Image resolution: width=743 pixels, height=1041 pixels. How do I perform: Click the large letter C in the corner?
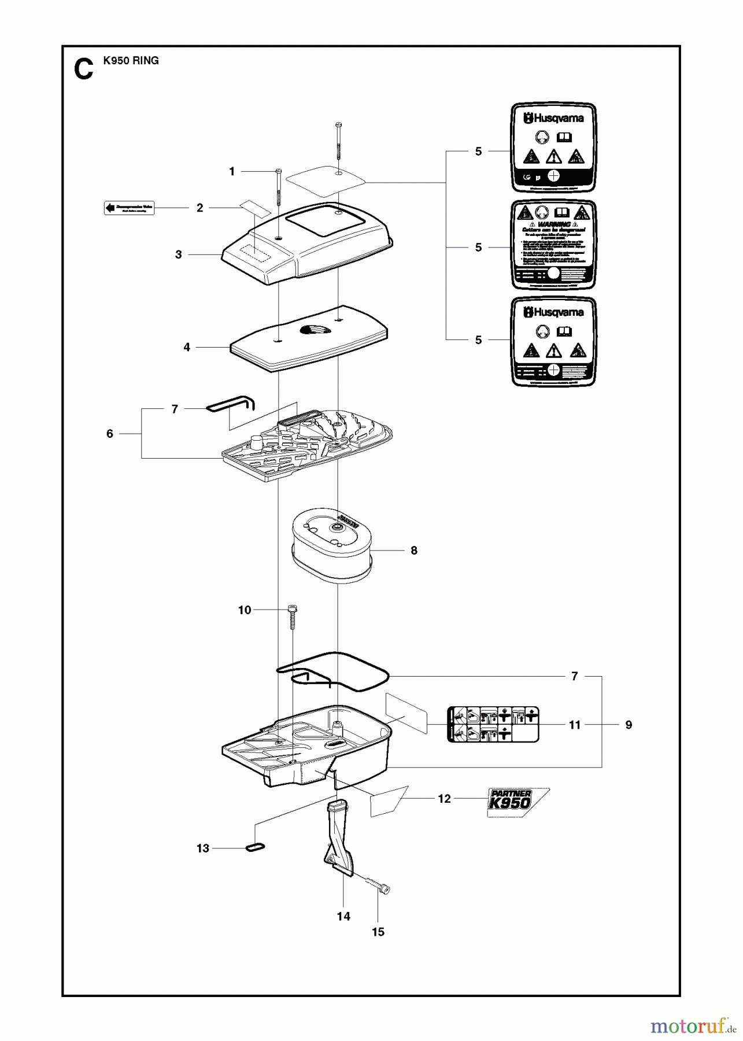coord(83,68)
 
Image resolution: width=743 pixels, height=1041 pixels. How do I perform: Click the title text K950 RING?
coord(131,60)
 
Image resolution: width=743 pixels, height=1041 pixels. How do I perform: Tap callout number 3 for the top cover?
coord(179,254)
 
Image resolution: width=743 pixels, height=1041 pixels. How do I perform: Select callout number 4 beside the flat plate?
coord(187,348)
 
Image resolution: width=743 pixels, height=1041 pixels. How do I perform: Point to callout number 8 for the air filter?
coord(414,551)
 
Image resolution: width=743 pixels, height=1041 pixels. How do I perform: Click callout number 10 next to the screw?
coord(245,610)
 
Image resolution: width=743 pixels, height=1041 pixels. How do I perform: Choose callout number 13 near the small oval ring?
coord(203,848)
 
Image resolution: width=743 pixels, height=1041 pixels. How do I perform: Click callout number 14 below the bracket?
coord(343,916)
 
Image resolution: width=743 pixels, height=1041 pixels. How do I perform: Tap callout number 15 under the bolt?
coord(378,932)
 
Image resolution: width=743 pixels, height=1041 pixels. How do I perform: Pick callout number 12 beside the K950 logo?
coord(444,799)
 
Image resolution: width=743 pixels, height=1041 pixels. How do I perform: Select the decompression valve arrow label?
coord(129,208)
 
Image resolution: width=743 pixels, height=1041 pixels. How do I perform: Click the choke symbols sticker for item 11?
coord(493,723)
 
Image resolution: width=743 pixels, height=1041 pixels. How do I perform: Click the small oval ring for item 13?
coord(256,847)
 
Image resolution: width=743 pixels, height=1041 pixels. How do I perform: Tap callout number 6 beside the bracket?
coord(110,434)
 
